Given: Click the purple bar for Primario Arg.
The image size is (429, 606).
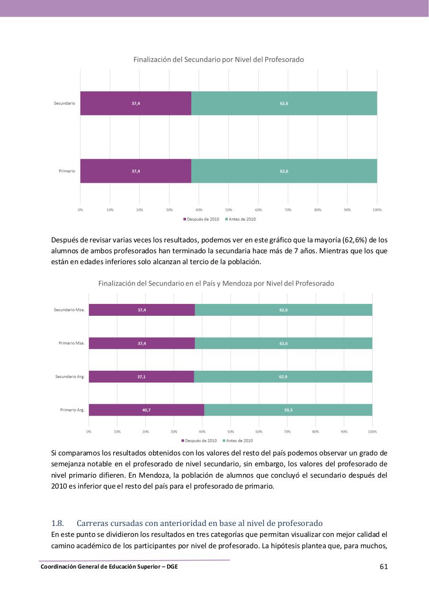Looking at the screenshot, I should [x=146, y=410].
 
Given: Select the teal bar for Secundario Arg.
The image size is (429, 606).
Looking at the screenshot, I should [x=283, y=377].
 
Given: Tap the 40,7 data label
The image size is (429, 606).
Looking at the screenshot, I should [x=146, y=410].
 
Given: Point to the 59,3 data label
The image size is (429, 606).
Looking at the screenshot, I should [x=288, y=410].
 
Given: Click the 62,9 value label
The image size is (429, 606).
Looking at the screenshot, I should [x=283, y=377].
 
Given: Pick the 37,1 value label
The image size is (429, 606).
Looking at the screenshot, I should [x=142, y=377].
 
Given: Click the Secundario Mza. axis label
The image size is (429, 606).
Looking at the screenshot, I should [x=69, y=310].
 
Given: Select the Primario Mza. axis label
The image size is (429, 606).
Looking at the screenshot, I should [x=71, y=343].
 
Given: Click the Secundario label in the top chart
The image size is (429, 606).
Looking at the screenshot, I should [x=64, y=103].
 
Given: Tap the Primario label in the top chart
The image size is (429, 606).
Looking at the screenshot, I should [x=67, y=171].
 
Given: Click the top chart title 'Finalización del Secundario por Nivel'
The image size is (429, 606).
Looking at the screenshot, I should [x=218, y=60].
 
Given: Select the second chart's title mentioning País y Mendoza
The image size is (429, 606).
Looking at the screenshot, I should [x=216, y=284].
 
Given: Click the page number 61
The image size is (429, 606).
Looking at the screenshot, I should [x=384, y=567].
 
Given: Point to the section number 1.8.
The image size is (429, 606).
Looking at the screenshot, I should [x=57, y=523].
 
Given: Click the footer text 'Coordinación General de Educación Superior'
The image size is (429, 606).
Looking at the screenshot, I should [x=109, y=567].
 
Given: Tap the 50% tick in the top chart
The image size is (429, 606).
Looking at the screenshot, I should [x=228, y=210].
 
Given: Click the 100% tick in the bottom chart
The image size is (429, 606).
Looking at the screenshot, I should [x=372, y=432].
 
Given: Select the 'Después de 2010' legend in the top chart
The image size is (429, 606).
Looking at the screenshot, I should [x=201, y=219].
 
